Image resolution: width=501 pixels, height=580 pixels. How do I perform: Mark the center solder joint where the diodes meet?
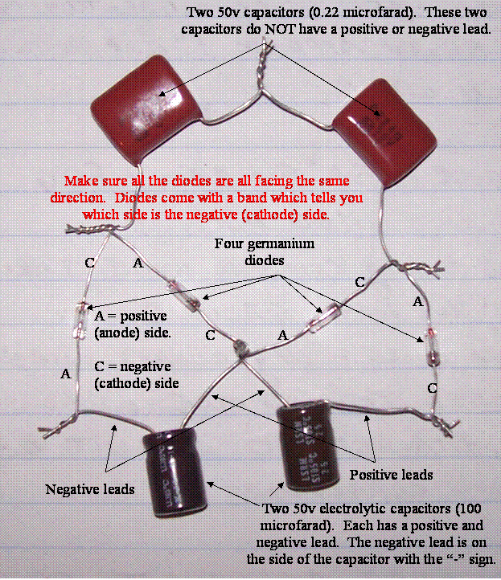pyautogui.click(x=239, y=348)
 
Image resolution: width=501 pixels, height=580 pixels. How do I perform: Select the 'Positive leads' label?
pyautogui.click(x=392, y=474)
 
